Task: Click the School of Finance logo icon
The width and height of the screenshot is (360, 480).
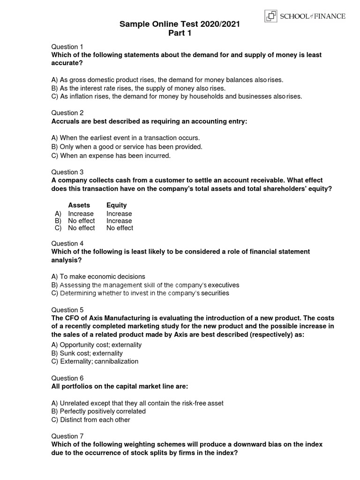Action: [x=271, y=16]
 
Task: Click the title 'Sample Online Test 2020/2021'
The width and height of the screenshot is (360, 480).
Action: [x=180, y=24]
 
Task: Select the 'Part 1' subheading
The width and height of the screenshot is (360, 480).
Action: [x=180, y=33]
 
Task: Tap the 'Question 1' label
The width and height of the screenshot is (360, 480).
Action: [x=67, y=46]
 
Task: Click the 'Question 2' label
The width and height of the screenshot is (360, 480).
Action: [x=67, y=112]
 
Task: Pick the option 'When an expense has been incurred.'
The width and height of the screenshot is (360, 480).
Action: [x=111, y=156]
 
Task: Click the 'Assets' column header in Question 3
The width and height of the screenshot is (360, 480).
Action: [x=79, y=205]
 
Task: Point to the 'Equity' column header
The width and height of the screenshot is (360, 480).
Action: [x=116, y=205]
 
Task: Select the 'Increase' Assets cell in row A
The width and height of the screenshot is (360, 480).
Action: [x=81, y=214]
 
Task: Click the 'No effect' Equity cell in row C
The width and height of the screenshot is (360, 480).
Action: [x=120, y=228]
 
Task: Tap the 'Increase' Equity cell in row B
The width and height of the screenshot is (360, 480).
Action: [x=119, y=221]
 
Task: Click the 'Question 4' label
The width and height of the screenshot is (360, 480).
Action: [x=67, y=243]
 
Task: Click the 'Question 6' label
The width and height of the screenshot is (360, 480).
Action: [x=67, y=378]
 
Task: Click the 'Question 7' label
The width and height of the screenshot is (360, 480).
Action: [x=67, y=436]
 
